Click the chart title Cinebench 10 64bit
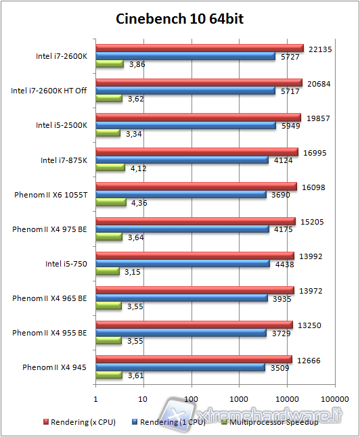pyautogui.click(x=179, y=18)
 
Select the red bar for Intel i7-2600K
pyautogui.click(x=200, y=48)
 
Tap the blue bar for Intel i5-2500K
pyautogui.click(x=186, y=125)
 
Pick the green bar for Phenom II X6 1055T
pyautogui.click(x=111, y=202)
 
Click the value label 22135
pyautogui.click(x=319, y=48)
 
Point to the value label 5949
pyautogui.click(x=290, y=125)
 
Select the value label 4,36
pyautogui.click(x=138, y=202)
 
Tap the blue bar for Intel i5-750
pyautogui.click(x=183, y=264)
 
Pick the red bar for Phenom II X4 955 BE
pyautogui.click(x=194, y=324)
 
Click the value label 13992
pyautogui.click(x=309, y=255)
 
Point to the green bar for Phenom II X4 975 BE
pyautogui.click(x=109, y=237)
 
